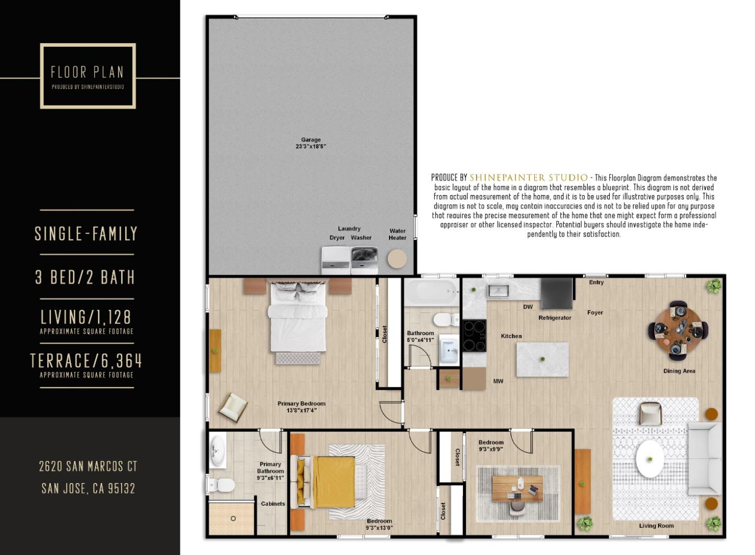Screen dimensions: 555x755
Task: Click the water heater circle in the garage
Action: point(397,259)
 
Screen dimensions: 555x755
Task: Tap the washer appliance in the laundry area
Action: point(364,260)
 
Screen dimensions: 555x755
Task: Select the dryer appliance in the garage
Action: point(336,260)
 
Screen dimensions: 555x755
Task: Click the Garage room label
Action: point(311,143)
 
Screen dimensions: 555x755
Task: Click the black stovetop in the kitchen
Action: point(474,336)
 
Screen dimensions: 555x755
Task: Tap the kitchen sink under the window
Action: point(498,290)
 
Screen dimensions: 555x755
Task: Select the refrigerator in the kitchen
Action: point(557,294)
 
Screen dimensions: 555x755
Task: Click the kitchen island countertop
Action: point(542,359)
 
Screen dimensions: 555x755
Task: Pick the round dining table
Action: point(678,329)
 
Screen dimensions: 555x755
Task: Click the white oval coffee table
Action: point(650,459)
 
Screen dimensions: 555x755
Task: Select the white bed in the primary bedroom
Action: point(297,320)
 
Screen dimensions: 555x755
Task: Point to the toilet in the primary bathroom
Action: point(222,485)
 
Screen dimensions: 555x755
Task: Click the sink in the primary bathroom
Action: point(217,451)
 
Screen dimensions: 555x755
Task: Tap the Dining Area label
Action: point(679,371)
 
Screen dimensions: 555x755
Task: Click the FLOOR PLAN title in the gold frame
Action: point(88,72)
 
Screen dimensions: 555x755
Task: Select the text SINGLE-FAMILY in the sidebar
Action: point(87,234)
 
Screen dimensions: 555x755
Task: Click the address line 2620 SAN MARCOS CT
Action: point(88,466)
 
